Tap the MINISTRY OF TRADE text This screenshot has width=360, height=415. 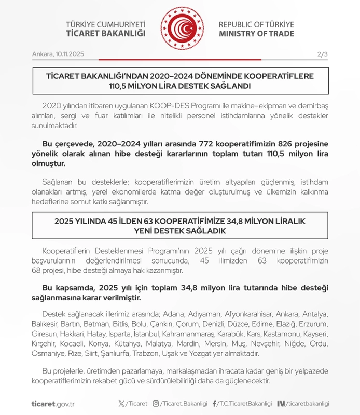click(256, 34)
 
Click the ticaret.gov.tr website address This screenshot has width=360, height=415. click(53, 404)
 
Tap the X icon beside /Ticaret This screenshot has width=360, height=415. click(121, 404)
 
